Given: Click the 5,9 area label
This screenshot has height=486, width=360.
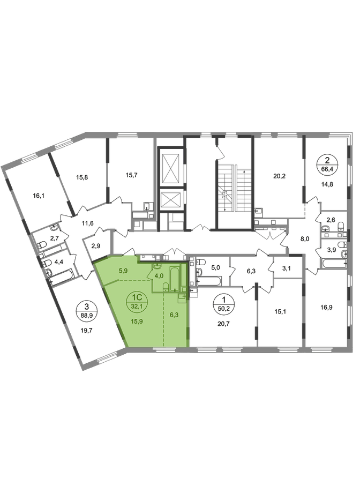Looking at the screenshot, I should click(123, 271).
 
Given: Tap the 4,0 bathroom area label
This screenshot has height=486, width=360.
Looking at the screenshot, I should click(159, 277).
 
